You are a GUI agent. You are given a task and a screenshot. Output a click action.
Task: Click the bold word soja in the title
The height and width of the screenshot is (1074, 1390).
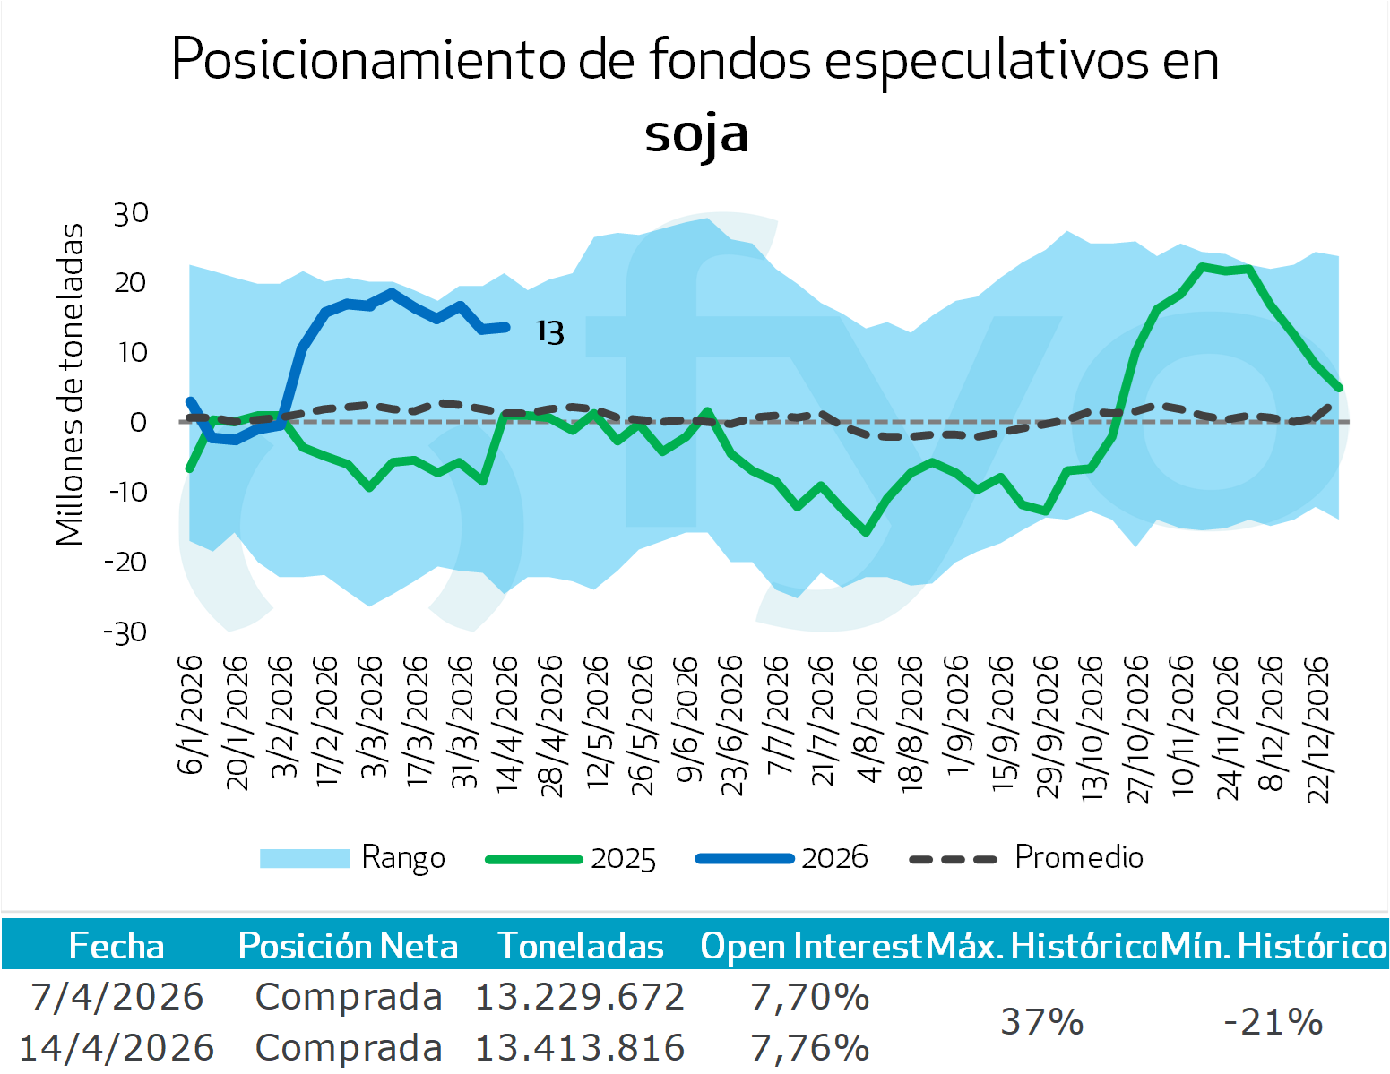[695, 134]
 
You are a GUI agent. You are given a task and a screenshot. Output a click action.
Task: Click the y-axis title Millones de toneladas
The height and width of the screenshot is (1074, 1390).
[70, 385]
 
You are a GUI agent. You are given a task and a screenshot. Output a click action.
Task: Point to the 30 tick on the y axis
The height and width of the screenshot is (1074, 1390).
[131, 214]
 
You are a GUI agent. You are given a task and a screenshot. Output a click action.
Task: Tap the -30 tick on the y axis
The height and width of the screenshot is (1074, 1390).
[126, 633]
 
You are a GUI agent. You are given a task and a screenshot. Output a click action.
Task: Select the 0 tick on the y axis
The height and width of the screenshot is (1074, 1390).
[138, 423]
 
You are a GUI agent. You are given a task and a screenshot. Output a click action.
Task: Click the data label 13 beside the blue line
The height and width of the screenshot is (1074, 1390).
[550, 333]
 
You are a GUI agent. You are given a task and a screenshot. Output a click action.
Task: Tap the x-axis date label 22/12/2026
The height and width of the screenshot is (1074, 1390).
[1318, 729]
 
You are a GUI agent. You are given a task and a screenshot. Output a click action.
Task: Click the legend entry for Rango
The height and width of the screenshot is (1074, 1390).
[402, 858]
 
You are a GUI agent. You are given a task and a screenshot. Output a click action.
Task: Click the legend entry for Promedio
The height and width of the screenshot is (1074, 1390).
[1078, 858]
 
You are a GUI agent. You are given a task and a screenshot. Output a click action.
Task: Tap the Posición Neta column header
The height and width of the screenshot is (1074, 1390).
[348, 946]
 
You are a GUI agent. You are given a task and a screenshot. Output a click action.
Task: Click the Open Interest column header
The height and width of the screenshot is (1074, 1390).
[811, 946]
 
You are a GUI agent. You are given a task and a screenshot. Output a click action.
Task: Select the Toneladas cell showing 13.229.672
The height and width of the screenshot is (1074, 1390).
[580, 997]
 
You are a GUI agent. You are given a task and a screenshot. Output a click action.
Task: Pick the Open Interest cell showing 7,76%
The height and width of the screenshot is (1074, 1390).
[810, 1047]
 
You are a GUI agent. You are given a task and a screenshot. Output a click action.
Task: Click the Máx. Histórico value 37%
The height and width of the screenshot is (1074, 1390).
[1042, 1022]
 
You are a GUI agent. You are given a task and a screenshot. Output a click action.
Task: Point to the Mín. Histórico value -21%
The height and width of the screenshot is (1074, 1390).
[1273, 1022]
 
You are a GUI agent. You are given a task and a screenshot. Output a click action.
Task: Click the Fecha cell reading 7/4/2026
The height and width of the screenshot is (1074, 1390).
[117, 997]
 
